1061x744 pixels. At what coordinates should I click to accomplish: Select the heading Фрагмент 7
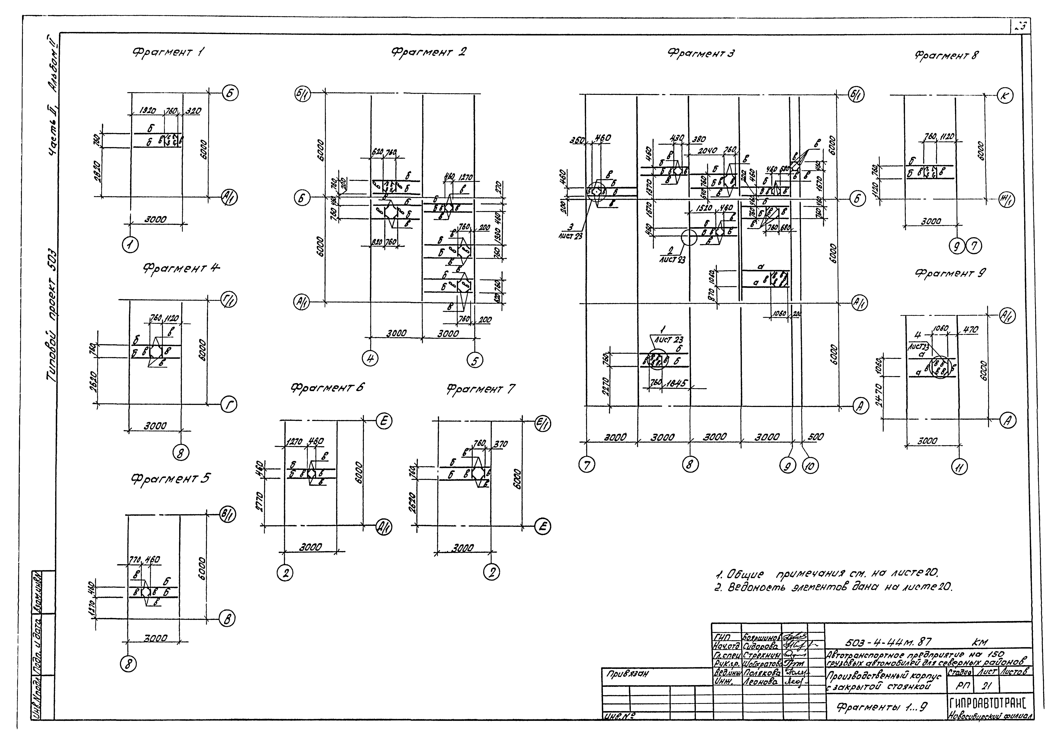coord(480,389)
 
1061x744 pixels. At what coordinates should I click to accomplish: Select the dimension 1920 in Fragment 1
coord(148,111)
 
